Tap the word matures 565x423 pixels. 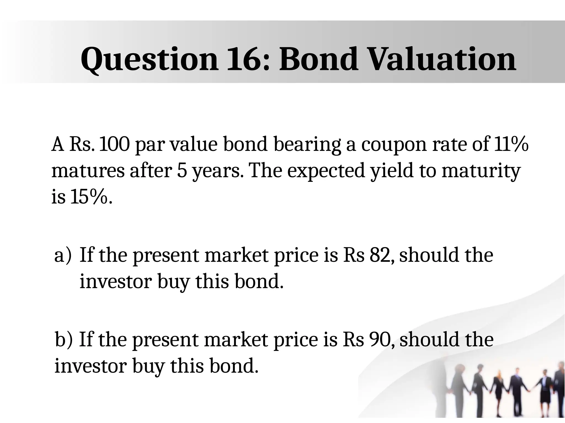88,171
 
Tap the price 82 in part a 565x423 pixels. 380,255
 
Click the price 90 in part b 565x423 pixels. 380,340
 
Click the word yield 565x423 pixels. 392,171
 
